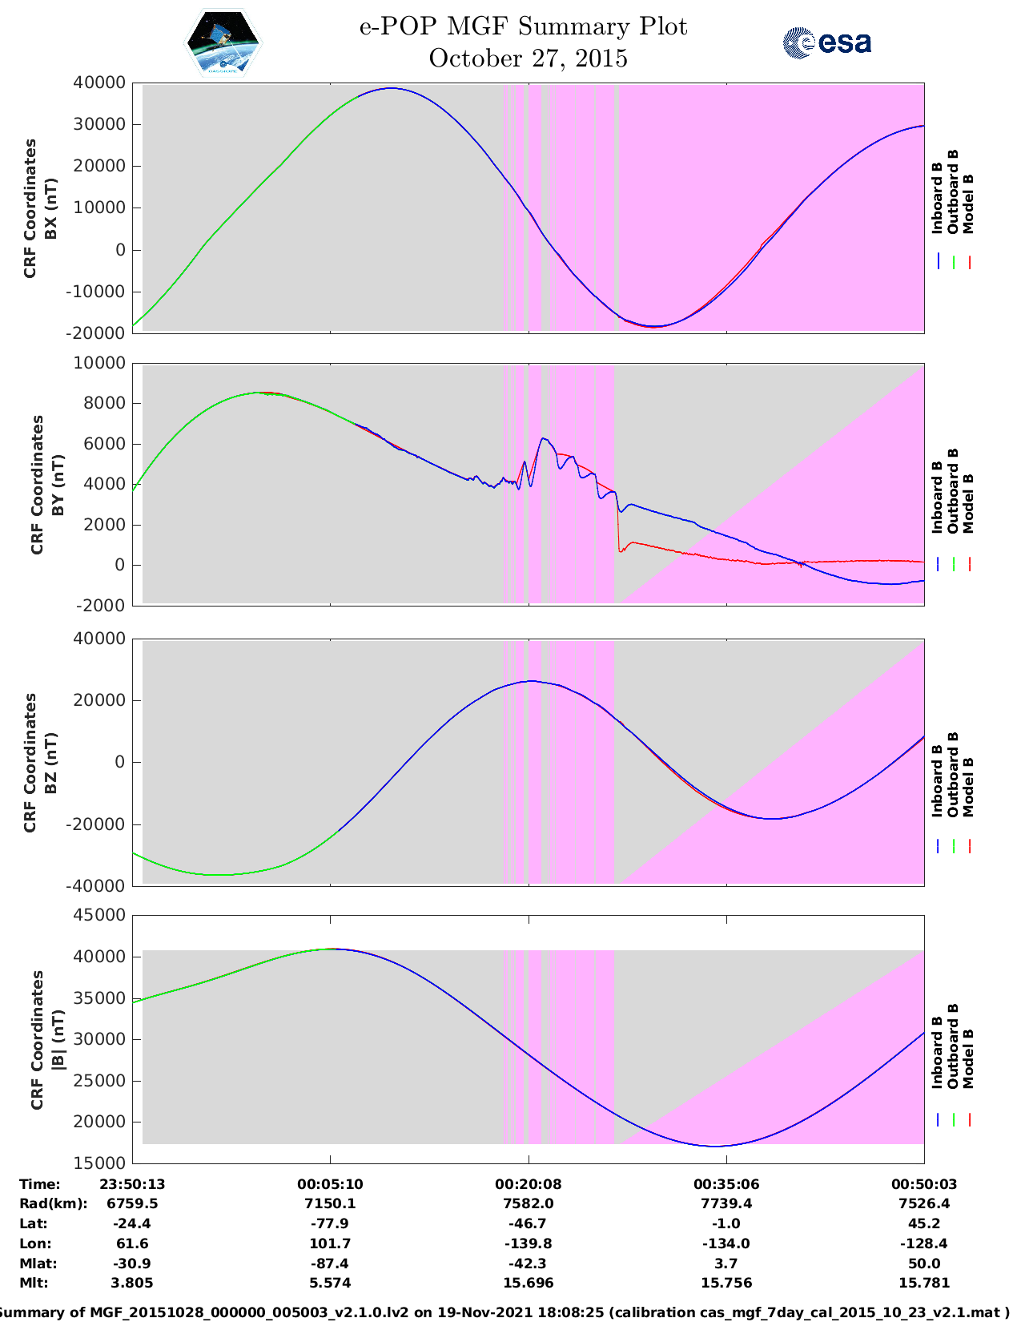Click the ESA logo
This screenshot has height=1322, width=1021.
[827, 42]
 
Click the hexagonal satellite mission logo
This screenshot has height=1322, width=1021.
[223, 42]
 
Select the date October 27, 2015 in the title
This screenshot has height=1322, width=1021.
[528, 58]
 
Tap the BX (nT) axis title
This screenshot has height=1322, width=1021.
[50, 208]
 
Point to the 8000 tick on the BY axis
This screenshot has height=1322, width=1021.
[105, 403]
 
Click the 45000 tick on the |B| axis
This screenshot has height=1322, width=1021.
[99, 914]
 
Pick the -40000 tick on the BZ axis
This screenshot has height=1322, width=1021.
[95, 886]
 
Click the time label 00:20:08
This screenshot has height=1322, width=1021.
[529, 1184]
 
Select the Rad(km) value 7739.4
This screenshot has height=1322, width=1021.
[726, 1203]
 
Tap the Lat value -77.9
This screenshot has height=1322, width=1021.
[330, 1223]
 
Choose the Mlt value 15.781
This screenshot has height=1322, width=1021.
[924, 1283]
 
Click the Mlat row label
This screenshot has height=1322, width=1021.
[38, 1264]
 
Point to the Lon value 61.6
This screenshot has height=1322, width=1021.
[133, 1243]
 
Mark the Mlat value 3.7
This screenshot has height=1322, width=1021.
[726, 1264]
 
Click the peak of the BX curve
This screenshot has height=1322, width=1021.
[391, 88]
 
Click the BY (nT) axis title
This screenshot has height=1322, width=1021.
[58, 485]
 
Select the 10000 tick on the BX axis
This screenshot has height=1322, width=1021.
[99, 208]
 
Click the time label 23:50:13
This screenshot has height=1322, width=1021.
[133, 1184]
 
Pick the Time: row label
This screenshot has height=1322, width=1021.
[40, 1184]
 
